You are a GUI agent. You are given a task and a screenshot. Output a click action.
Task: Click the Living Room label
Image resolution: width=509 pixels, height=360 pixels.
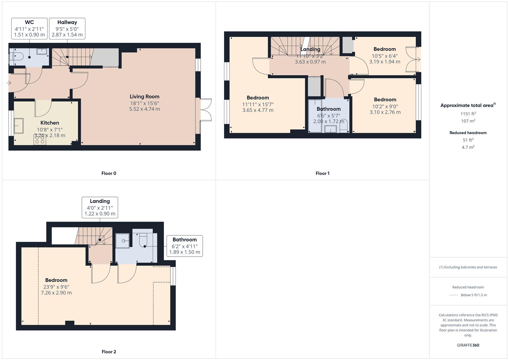click(x=144, y=97)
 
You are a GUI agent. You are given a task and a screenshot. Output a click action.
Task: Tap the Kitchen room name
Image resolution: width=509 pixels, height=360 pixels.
click(x=50, y=123)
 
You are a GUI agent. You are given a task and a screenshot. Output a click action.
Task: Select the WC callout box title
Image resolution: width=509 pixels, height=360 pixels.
click(x=29, y=22)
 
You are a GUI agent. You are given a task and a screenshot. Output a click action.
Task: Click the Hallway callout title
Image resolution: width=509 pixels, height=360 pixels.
click(x=67, y=22)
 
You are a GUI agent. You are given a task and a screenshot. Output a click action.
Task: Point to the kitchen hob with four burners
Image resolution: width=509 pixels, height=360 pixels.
click(x=40, y=140)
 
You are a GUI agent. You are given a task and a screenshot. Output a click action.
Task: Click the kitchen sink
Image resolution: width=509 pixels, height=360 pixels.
click(x=18, y=126)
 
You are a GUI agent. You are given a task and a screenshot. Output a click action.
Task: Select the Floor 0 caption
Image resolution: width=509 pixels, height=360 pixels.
click(x=109, y=173)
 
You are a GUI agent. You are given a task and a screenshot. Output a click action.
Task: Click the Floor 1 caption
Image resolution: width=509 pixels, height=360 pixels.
click(x=322, y=173)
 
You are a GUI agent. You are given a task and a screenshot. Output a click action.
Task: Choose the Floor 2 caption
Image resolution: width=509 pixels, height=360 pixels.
click(x=109, y=352)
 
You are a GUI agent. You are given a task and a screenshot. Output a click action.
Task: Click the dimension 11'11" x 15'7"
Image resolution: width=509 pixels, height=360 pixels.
click(x=258, y=104)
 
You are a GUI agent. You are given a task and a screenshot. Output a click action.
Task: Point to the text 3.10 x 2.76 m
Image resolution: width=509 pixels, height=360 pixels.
click(x=385, y=112)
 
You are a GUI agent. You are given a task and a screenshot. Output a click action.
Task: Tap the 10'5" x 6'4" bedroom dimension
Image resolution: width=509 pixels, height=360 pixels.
click(x=385, y=56)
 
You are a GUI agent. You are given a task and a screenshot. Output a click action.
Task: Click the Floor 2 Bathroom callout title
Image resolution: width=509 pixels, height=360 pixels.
click(x=184, y=240)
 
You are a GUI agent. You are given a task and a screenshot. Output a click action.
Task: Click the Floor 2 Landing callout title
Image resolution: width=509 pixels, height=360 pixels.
click(x=100, y=201)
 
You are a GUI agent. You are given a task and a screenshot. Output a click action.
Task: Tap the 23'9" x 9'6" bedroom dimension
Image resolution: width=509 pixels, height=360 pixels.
click(x=56, y=287)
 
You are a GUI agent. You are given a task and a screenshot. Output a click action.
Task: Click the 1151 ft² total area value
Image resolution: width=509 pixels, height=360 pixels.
click(x=468, y=114)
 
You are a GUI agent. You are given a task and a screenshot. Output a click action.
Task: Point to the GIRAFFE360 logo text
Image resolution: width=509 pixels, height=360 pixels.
click(x=468, y=345)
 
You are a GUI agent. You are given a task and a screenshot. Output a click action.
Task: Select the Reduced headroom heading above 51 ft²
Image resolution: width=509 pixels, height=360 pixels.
click(x=468, y=133)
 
